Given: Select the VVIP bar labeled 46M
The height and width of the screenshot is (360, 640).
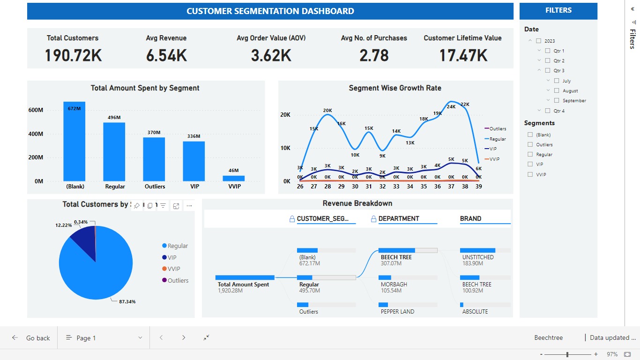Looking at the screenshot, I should (233, 179).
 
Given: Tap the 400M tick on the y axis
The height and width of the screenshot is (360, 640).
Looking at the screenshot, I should (36, 134).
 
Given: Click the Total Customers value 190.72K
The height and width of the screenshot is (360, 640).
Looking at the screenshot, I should (73, 55).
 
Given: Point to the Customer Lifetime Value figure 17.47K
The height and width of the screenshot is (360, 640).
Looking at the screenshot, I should (463, 55).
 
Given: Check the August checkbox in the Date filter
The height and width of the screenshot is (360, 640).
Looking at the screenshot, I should (557, 90).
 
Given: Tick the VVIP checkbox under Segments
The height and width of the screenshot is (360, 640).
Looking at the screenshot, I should (530, 174).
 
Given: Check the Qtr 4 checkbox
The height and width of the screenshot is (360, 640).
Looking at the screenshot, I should (547, 111).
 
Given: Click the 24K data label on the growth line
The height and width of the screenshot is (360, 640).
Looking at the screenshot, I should (451, 106).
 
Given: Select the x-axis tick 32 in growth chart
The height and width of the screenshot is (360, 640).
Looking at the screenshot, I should (382, 186).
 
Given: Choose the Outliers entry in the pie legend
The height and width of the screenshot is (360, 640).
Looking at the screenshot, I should (177, 280).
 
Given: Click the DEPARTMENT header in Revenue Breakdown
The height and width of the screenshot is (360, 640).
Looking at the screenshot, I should (398, 218).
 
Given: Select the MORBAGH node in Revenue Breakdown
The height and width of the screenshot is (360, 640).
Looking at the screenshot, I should (394, 284).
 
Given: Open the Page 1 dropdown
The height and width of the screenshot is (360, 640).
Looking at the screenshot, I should (104, 338).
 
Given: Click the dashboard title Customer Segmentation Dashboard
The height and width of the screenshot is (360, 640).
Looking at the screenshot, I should (270, 11).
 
